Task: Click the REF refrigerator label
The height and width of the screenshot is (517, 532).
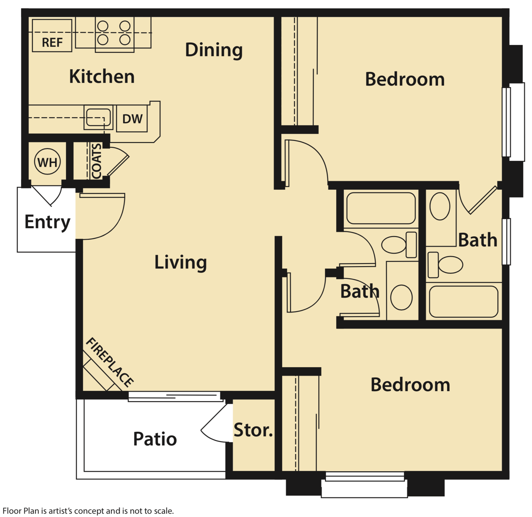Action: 52,42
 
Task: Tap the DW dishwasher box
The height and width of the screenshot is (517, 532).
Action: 132,119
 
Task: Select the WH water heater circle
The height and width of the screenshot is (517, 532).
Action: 47,162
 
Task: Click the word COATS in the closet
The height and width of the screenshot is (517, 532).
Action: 96,161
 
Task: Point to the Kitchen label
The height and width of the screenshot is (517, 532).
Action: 102,76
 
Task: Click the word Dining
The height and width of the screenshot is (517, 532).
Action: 214,50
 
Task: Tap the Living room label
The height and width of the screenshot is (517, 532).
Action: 180,262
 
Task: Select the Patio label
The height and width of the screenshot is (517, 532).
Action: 155,439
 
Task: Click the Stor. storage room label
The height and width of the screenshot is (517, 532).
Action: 253,430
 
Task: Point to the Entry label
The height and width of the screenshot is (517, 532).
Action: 47,222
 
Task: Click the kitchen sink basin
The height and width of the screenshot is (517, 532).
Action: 98,117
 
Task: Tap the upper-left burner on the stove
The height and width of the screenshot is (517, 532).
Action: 103,26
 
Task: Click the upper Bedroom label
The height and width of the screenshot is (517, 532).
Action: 404,79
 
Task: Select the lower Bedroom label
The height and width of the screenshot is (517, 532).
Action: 410,385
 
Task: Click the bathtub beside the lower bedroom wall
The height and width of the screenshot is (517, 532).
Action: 463,302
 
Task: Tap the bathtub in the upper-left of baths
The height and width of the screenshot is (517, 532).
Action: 381,208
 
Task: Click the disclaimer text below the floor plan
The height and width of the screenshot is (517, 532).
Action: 88,511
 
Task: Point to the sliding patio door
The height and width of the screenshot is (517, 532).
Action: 175,397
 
